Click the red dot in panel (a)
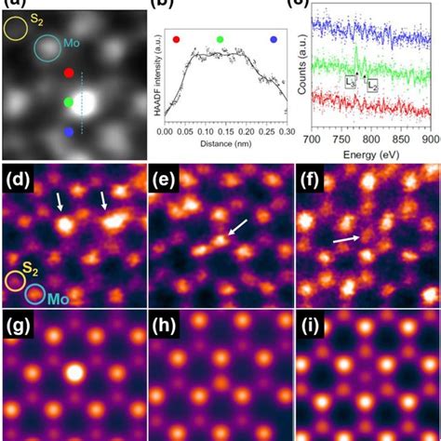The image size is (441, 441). tap(69, 72)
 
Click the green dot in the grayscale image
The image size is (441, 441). tap(69, 101)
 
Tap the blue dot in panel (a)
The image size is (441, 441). tap(69, 132)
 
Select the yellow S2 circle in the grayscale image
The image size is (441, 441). tap(17, 28)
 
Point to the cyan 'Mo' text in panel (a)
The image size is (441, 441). tap(71, 43)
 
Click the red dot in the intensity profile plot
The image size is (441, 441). tap(177, 40)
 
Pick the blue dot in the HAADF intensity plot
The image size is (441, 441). tap(274, 40)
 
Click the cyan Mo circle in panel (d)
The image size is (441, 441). tap(36, 295)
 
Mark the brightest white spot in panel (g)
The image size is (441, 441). tap(73, 374)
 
